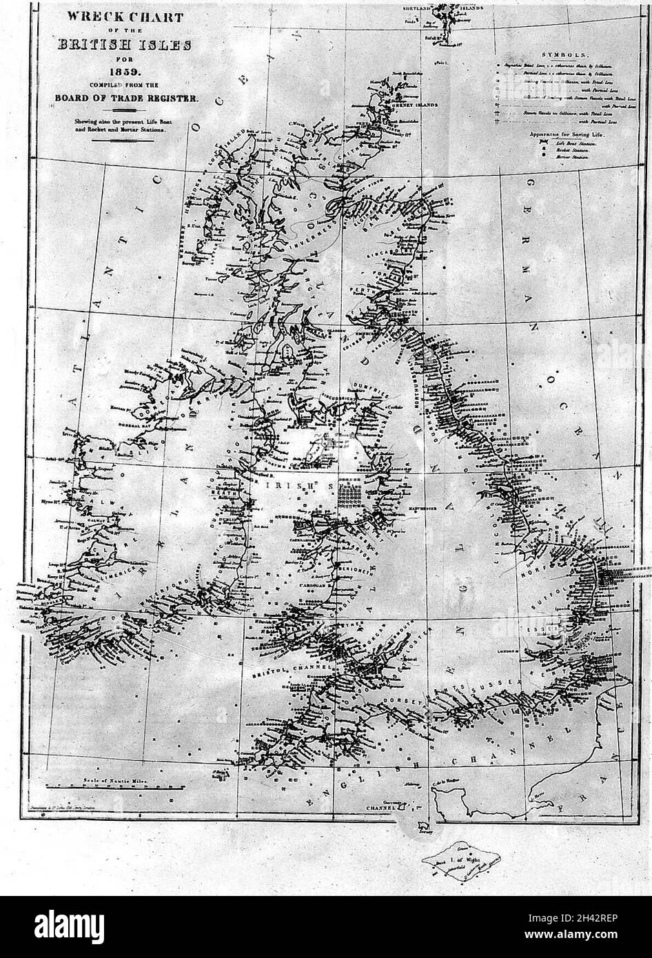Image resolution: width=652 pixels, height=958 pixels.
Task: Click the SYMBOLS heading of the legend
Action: (564, 54)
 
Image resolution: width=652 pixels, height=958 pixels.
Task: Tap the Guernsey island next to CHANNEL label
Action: (412, 802)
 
